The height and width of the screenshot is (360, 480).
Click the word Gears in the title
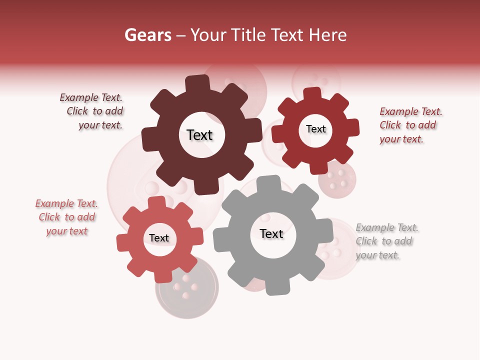pyautogui.click(x=147, y=35)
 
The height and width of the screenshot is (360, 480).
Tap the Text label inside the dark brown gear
pyautogui.click(x=199, y=135)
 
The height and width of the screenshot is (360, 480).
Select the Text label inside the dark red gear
pyautogui.click(x=315, y=129)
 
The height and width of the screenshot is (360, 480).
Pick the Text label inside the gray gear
pyautogui.click(x=271, y=233)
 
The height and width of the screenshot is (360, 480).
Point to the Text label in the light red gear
pyautogui.click(x=159, y=238)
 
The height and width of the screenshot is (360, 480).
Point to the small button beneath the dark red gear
pyautogui.click(x=337, y=179)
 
